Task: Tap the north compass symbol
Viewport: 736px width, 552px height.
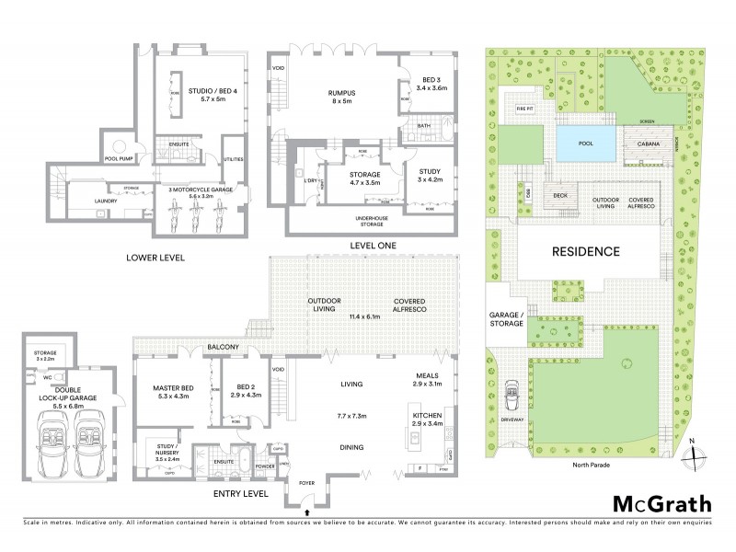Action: click(x=697, y=454)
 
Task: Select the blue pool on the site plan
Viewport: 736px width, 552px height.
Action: click(x=585, y=144)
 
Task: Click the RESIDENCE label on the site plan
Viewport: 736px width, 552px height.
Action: click(x=585, y=251)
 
